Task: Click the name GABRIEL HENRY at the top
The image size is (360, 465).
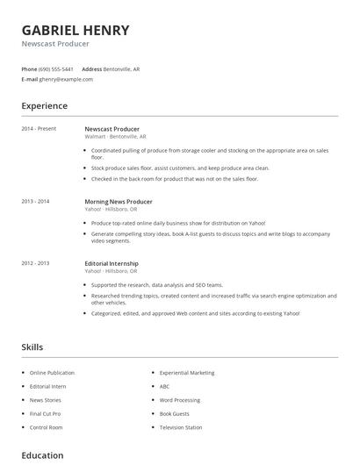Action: (x=76, y=30)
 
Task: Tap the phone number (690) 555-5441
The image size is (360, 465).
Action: (x=56, y=68)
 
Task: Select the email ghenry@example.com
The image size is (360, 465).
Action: (x=66, y=79)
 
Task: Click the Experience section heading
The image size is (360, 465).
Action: (x=45, y=106)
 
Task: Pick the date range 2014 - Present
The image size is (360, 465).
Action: (x=39, y=129)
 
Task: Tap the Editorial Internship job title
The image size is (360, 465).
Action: (x=112, y=263)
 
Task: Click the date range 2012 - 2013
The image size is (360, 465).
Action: (x=35, y=263)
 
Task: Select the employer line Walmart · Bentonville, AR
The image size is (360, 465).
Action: (x=114, y=137)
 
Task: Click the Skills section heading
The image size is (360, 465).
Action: (x=32, y=347)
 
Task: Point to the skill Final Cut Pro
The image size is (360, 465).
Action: (x=46, y=413)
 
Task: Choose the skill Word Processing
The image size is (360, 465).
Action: (x=180, y=400)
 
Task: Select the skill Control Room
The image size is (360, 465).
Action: (x=47, y=427)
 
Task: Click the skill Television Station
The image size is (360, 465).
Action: (x=181, y=427)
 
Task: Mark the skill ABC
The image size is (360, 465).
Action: (x=164, y=386)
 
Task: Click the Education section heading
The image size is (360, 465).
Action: (x=42, y=455)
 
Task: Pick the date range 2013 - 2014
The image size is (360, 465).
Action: (x=35, y=202)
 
